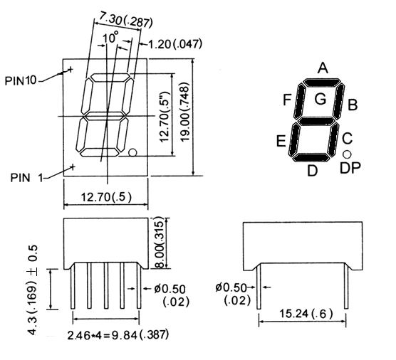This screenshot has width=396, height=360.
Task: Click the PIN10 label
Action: (x=20, y=80)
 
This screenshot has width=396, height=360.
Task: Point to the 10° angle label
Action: (x=110, y=38)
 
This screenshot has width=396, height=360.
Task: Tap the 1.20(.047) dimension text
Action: (x=174, y=44)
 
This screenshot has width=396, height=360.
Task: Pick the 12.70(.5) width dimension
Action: (x=105, y=196)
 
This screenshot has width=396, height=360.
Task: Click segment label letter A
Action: (x=322, y=69)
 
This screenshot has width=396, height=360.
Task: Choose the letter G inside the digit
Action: (x=320, y=100)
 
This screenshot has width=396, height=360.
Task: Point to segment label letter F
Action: (x=286, y=100)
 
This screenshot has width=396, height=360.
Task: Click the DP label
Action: (x=349, y=169)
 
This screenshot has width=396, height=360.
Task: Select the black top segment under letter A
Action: (x=321, y=83)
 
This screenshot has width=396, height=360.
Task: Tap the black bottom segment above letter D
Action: (x=311, y=157)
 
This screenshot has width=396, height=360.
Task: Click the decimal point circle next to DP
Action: (x=347, y=154)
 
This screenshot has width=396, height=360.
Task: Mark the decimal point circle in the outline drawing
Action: (x=133, y=152)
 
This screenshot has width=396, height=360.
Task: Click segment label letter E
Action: (x=282, y=140)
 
